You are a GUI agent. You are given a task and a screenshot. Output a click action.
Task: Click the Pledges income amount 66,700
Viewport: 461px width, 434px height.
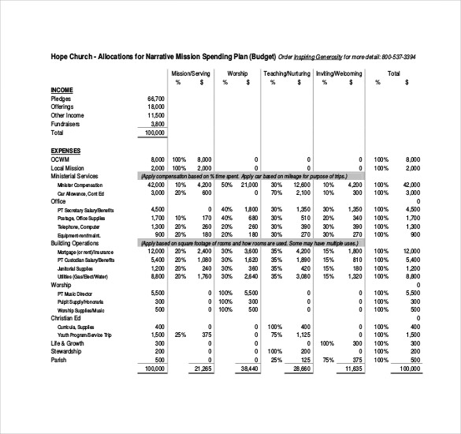155,98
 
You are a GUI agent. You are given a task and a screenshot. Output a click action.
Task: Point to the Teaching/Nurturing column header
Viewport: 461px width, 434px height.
286,73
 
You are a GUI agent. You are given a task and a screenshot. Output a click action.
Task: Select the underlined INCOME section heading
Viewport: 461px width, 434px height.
63,89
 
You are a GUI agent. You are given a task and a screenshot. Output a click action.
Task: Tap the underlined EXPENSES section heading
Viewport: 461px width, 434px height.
67,150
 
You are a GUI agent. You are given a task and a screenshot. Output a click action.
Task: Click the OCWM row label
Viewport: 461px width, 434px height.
61,159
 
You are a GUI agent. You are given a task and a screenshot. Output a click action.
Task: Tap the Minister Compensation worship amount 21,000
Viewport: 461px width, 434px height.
249,184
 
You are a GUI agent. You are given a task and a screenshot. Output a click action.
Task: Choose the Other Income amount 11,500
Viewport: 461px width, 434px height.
155,115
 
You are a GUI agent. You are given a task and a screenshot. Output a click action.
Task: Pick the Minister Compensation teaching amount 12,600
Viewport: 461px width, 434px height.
301,184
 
